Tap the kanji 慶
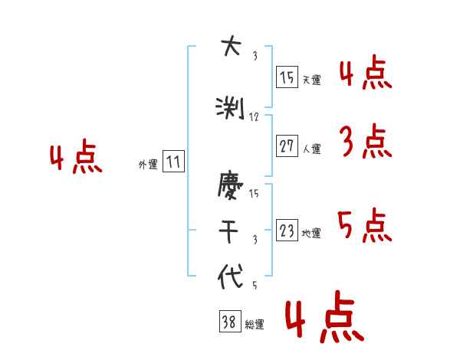[230, 187]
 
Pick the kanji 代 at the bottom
[230, 277]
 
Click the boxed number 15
[287, 77]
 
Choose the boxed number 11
[173, 162]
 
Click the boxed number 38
[229, 322]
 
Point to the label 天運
[311, 80]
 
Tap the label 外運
[148, 164]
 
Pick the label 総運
[255, 325]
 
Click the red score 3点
[364, 142]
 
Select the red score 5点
[364, 225]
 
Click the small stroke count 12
[255, 117]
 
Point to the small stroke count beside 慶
[254, 194]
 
